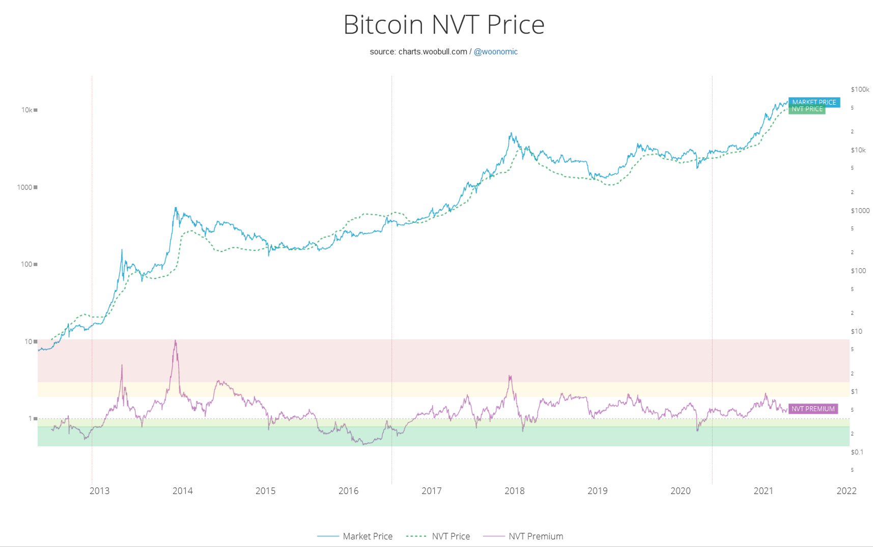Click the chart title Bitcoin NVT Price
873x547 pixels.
point(444,24)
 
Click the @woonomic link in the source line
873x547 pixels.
point(495,51)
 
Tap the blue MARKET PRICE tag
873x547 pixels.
point(813,102)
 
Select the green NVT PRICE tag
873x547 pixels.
point(806,109)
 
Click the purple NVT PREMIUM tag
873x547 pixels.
point(812,409)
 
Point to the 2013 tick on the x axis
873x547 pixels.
point(99,491)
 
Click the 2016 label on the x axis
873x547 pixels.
point(348,491)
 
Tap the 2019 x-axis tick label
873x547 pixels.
point(597,491)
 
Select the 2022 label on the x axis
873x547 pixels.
point(846,491)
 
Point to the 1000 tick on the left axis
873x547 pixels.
point(24,187)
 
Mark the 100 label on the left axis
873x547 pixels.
point(26,265)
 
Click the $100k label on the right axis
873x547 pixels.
point(860,90)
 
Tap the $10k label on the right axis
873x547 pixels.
point(858,150)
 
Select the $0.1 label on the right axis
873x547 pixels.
point(857,452)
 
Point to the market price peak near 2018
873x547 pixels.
point(511,133)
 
